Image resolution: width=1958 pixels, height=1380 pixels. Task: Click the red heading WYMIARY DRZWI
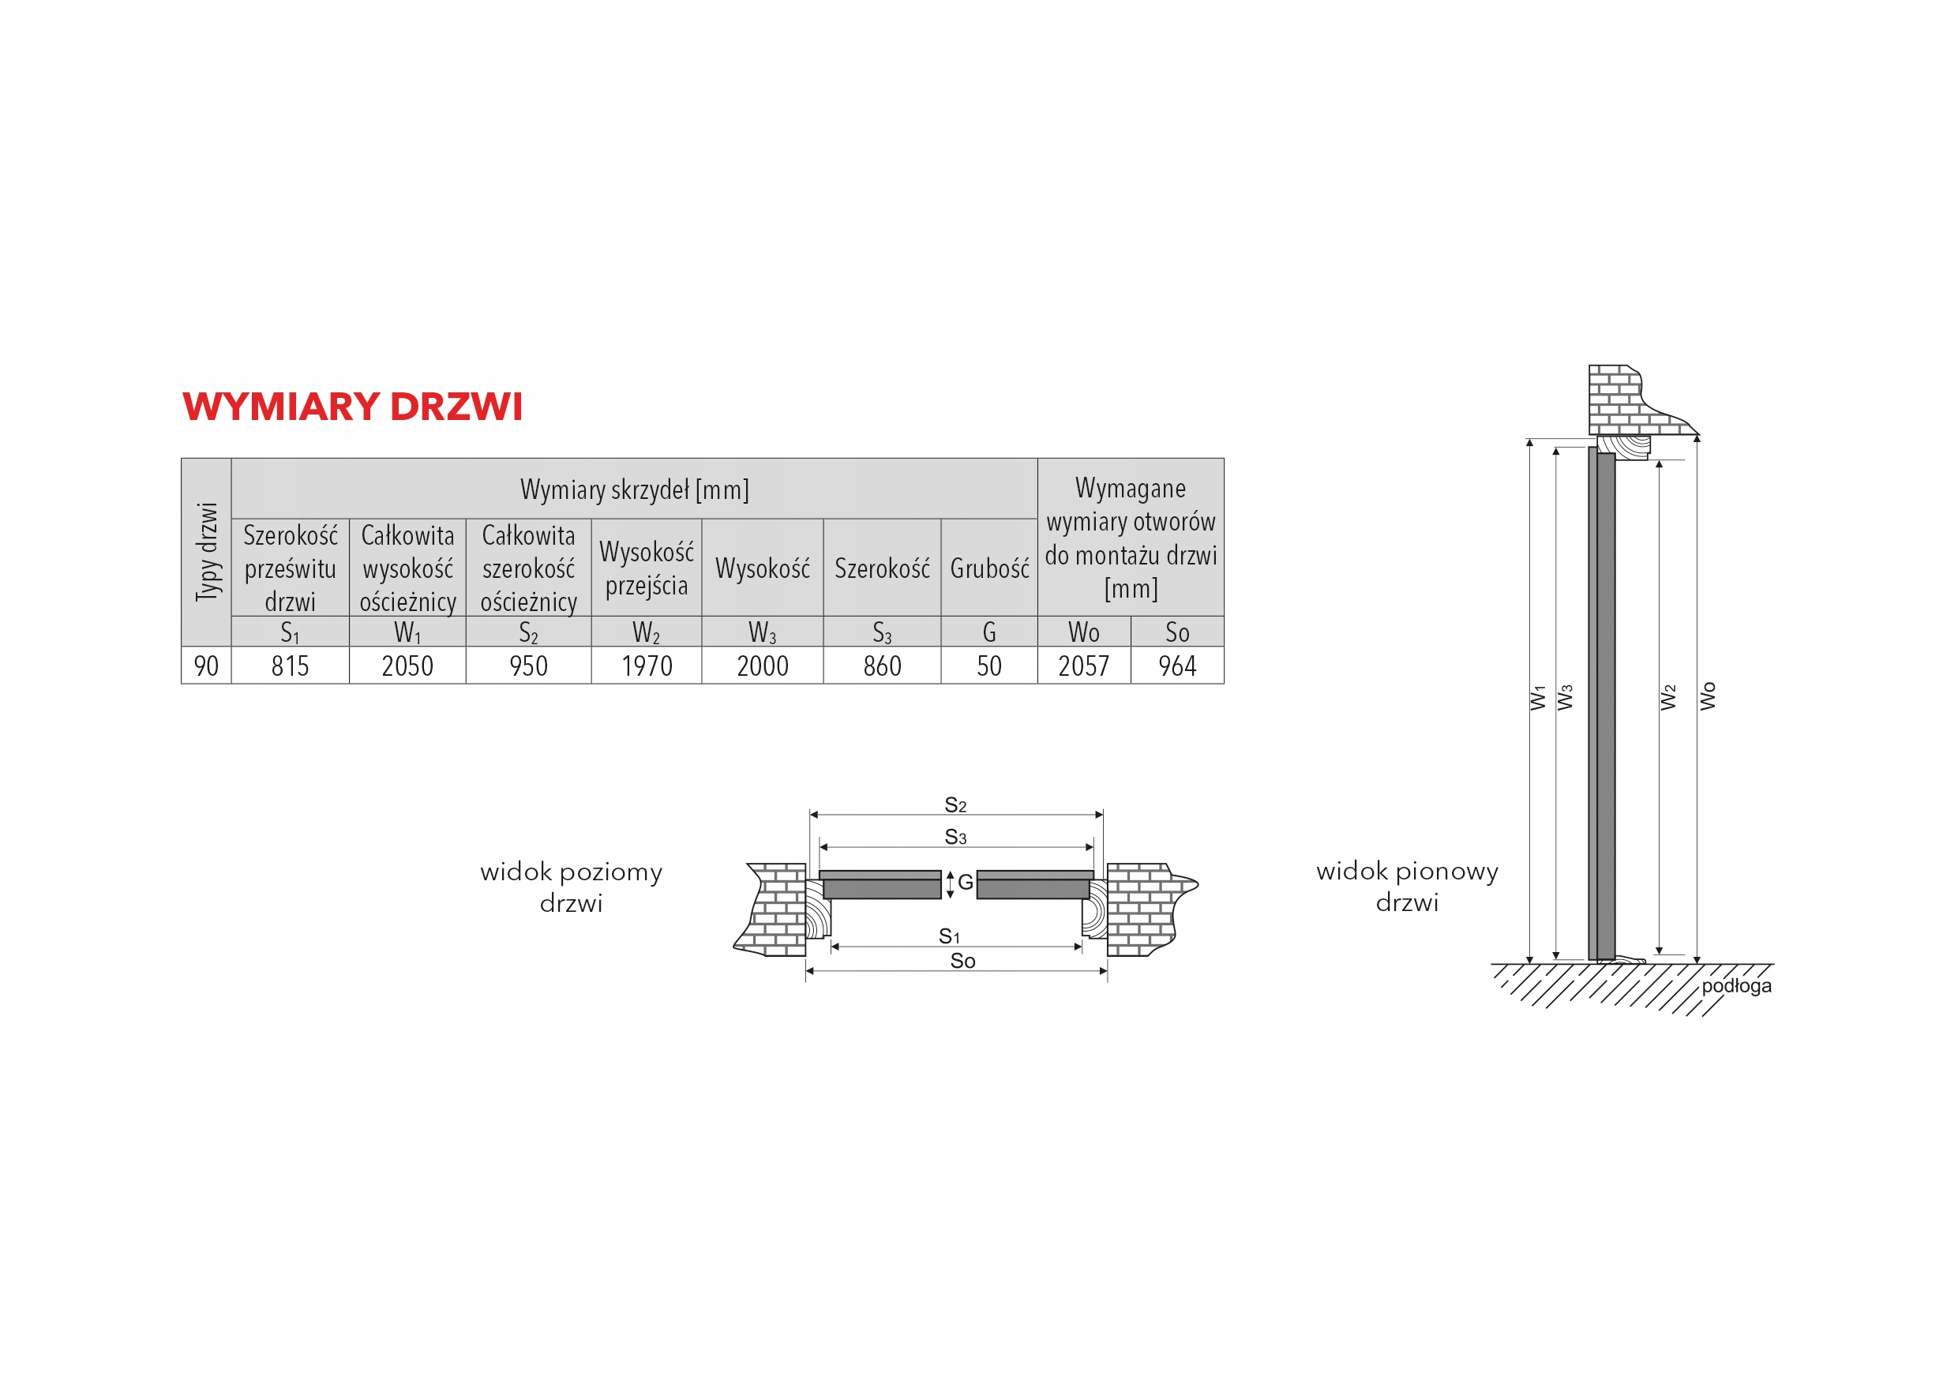point(352,407)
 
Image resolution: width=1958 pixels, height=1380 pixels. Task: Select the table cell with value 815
point(290,666)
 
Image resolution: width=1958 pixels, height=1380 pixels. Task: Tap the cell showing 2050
point(407,666)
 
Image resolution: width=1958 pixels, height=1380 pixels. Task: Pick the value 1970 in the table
point(647,666)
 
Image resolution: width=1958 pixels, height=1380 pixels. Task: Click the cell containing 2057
point(1083,666)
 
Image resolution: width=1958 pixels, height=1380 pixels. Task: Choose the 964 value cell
point(1177,666)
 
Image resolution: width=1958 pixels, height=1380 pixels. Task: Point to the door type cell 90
point(206,666)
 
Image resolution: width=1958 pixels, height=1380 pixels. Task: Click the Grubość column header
point(989,569)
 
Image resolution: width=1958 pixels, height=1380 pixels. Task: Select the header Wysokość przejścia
point(647,569)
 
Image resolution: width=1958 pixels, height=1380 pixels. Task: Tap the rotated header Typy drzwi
point(207,552)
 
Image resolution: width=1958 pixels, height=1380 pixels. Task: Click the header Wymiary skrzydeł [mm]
point(635,489)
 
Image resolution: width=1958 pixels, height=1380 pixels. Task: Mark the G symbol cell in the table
point(989,632)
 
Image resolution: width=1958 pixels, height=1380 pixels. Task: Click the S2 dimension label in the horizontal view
point(955,805)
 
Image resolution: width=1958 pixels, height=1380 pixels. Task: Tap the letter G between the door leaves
point(966,883)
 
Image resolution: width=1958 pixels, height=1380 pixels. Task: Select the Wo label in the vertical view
point(1707,696)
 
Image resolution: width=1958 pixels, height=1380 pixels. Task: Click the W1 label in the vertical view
point(1537,698)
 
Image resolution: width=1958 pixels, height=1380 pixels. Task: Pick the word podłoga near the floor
point(1736,986)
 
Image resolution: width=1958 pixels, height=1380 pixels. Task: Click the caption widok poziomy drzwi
point(572,887)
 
